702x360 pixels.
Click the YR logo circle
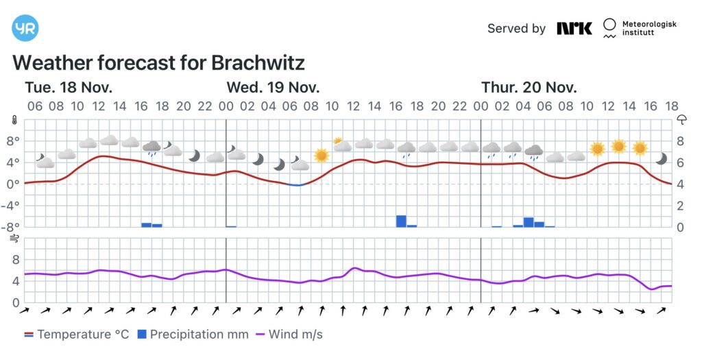coord(25,28)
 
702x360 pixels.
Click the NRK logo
coord(574,28)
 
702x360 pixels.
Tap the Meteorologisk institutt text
coord(649,28)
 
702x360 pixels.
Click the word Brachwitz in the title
coord(258,63)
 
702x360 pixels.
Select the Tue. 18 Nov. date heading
coord(69,88)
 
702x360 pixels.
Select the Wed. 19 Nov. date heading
coord(273,88)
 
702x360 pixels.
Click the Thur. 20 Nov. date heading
coord(529,88)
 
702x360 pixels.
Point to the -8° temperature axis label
coord(13,227)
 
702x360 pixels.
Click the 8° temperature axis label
coord(13,141)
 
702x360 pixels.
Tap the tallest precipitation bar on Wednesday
coord(401,221)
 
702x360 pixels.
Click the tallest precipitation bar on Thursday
coord(529,221)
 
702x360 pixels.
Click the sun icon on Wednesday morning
coord(322,155)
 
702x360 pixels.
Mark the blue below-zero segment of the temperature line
coord(295,184)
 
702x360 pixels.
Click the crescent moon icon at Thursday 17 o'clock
coord(661,158)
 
